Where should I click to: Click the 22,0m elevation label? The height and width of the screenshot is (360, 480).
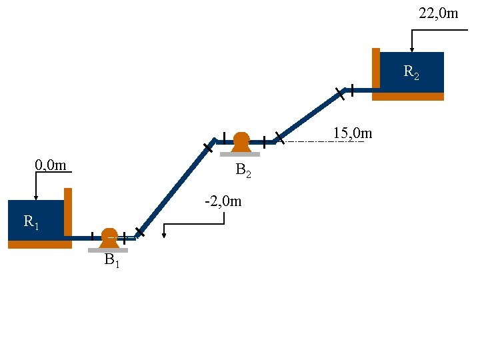click(438, 13)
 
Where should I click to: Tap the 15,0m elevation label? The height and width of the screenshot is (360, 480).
click(352, 133)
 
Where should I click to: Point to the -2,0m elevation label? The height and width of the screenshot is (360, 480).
click(223, 201)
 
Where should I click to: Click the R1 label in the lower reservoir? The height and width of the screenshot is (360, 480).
click(31, 222)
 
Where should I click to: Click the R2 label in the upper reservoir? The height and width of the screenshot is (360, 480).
click(411, 71)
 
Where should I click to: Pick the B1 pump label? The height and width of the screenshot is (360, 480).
click(111, 261)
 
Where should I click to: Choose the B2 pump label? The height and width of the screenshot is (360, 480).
click(243, 171)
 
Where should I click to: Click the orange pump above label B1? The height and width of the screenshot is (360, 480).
click(109, 237)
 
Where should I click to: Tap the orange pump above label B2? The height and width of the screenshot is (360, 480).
click(241, 142)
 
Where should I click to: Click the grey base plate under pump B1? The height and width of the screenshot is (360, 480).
click(108, 250)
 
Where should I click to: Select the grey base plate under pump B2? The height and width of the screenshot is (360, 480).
click(240, 154)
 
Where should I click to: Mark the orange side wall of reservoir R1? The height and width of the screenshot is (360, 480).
click(68, 213)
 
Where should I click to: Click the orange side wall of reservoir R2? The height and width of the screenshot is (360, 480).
click(376, 69)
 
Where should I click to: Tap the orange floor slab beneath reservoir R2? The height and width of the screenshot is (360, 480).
click(408, 97)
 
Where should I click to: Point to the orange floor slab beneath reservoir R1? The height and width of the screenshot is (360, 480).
click(40, 245)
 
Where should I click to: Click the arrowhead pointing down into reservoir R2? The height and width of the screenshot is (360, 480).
click(412, 49)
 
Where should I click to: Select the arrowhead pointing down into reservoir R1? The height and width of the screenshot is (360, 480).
click(36, 197)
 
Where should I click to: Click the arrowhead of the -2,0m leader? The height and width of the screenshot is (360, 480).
click(164, 235)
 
